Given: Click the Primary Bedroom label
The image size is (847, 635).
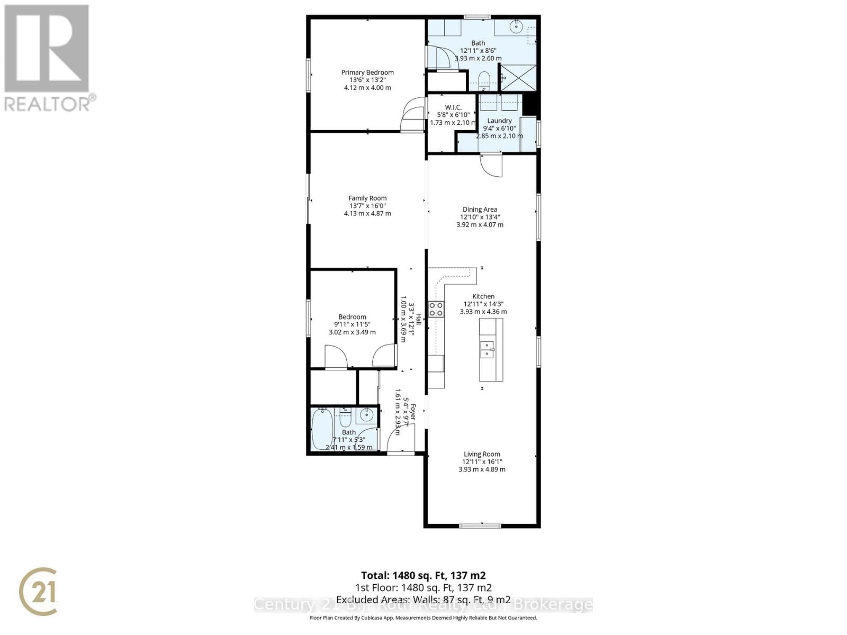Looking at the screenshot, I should click(x=367, y=72).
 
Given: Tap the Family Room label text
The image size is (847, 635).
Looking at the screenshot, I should click(x=367, y=198).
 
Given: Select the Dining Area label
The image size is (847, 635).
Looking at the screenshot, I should click(x=480, y=210).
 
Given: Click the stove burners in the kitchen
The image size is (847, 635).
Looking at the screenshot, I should click(x=436, y=309).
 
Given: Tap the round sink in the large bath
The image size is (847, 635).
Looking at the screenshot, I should click(x=516, y=25).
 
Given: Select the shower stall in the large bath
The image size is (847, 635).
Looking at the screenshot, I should click(x=518, y=77).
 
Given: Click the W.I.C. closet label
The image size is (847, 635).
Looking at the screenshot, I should click(x=453, y=107).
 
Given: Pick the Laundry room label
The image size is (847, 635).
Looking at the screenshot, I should click(x=499, y=121).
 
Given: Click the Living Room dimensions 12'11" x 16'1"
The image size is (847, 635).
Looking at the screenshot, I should click(x=482, y=461).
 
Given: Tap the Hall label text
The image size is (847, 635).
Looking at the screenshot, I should click(x=418, y=319).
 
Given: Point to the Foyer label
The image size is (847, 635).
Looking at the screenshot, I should click(x=413, y=413).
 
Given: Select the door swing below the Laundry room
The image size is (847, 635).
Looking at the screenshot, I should click(x=491, y=165).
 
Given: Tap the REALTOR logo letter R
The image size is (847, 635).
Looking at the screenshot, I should click(x=47, y=49).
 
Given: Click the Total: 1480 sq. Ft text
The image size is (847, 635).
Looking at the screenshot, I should click(x=423, y=575).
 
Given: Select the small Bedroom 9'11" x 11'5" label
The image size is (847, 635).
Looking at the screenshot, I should click(x=352, y=317).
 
